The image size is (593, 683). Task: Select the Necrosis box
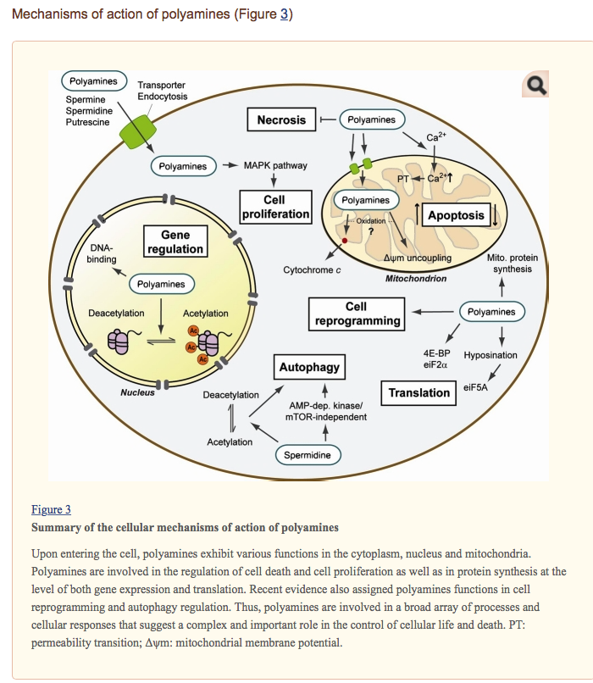(x=281, y=120)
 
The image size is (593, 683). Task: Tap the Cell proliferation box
(x=275, y=208)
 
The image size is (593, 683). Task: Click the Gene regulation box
(x=175, y=242)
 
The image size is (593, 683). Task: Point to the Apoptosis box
(x=456, y=216)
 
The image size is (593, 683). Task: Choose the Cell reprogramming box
(x=357, y=314)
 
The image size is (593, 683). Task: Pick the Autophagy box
(x=309, y=367)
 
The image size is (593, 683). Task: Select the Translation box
(x=419, y=392)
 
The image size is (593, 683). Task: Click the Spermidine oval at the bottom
(x=308, y=456)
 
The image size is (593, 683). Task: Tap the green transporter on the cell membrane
(x=136, y=133)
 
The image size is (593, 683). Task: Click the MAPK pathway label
(x=275, y=166)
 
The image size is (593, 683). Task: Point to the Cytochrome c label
(x=312, y=270)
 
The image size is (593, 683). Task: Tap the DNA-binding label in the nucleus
(x=102, y=253)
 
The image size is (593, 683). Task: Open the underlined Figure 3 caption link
(x=51, y=509)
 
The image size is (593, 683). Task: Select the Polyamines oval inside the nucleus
(x=161, y=285)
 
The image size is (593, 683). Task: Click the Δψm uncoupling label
(x=418, y=258)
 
